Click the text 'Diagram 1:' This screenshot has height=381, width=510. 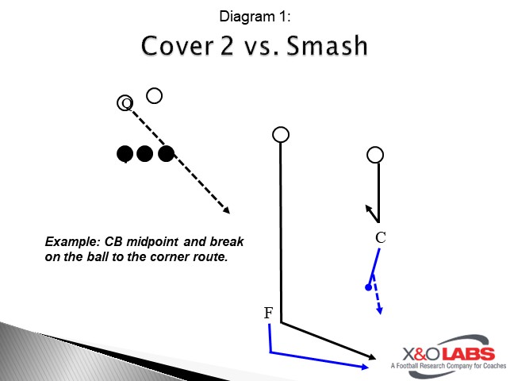point(254,15)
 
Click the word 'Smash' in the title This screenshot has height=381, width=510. point(327,45)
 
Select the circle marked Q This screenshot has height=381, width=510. point(125,102)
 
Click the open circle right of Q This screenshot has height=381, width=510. point(155,95)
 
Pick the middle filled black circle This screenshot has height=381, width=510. point(144,154)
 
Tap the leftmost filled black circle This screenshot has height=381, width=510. point(125,154)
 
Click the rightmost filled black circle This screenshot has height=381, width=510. point(165,154)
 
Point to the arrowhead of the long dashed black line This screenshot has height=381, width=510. point(227,211)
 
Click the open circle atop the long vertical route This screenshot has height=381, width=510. point(280,134)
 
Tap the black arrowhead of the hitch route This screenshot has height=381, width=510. point(368,208)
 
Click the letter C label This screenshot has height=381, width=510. point(381,237)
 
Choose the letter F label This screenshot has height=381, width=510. point(268,314)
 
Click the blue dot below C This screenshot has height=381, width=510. point(369,287)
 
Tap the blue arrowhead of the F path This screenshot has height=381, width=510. point(366,367)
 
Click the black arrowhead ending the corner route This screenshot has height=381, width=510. point(373,357)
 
